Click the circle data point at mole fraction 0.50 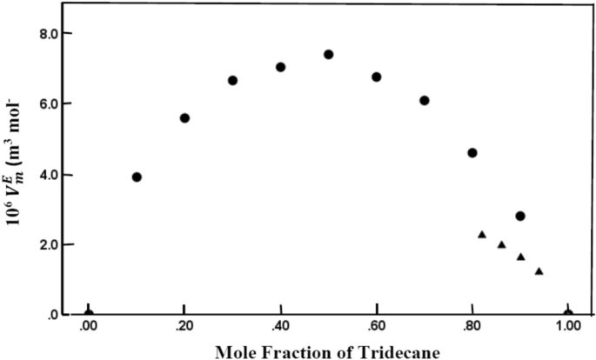point(328,54)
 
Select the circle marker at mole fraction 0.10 point(137,177)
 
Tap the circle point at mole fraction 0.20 point(184,117)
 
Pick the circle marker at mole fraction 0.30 point(232,80)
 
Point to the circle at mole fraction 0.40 point(280,67)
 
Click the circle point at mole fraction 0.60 point(376,77)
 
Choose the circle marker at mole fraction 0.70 point(424,100)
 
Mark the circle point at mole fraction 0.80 point(472,152)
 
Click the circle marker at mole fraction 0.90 point(520,216)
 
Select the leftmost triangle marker point(482,235)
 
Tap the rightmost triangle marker point(539,271)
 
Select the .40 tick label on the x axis point(280,327)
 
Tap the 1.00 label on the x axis point(567,327)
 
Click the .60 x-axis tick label point(376,327)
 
